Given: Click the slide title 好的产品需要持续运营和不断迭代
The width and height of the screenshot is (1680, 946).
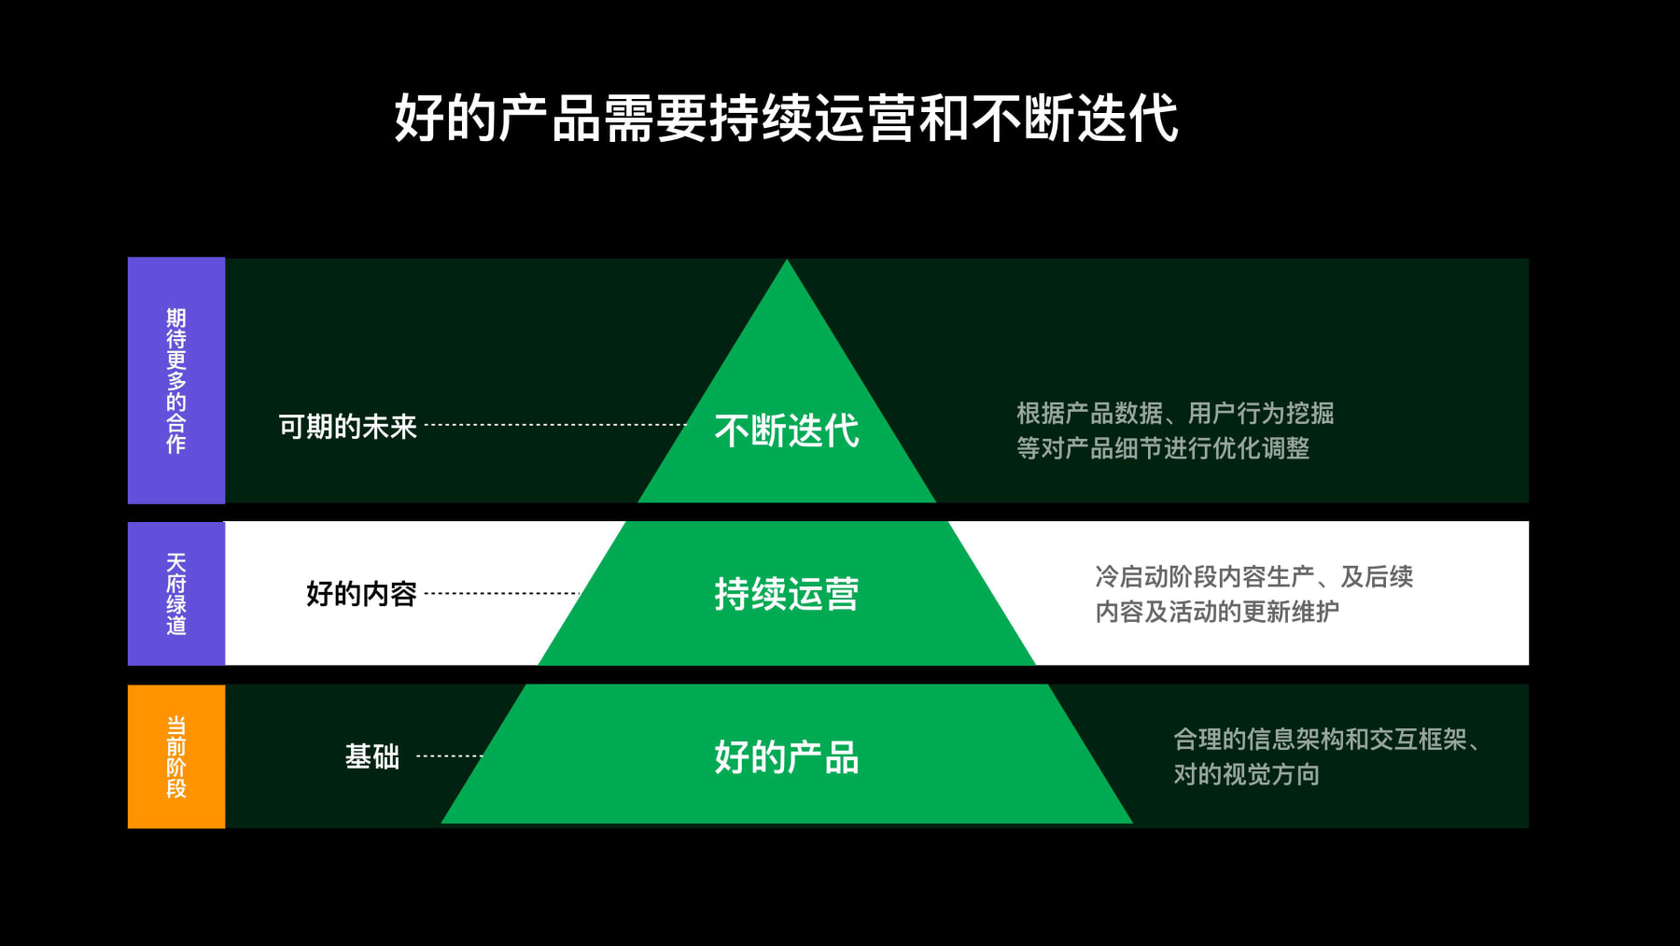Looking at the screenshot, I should point(786,119).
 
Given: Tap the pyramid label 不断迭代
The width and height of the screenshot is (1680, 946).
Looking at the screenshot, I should point(786,431).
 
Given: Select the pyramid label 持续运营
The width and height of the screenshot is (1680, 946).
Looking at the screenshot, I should point(786,594).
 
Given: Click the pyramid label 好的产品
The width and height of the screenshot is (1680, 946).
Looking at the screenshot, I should point(786,757).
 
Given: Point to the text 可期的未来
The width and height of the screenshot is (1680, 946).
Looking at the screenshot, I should point(347,427).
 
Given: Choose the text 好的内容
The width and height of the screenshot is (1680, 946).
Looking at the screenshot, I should point(361,594).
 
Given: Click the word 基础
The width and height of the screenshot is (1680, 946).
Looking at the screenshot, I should point(371,756).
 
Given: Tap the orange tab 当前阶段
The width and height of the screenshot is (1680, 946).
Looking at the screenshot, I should point(176,756).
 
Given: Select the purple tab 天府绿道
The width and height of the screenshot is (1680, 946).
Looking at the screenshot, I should point(176,593).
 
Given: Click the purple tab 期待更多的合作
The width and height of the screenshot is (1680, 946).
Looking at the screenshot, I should point(176,380).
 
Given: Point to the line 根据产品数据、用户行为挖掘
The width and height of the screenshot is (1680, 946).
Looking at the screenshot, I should point(1174,413).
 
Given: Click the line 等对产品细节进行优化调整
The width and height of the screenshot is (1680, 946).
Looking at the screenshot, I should point(1162,448).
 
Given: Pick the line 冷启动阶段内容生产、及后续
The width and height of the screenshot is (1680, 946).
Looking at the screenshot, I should point(1253,576).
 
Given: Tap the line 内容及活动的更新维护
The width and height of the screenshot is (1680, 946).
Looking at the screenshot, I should point(1216,612).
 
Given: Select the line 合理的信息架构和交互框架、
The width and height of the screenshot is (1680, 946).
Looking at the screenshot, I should point(1326,740).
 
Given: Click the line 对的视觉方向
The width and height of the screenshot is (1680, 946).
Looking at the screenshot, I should point(1246,774).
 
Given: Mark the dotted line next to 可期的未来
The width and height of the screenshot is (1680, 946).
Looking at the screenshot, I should point(555,425).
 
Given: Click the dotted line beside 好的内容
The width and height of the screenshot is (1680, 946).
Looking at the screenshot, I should point(502,593).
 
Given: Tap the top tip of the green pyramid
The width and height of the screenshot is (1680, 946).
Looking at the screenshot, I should point(787,265).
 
